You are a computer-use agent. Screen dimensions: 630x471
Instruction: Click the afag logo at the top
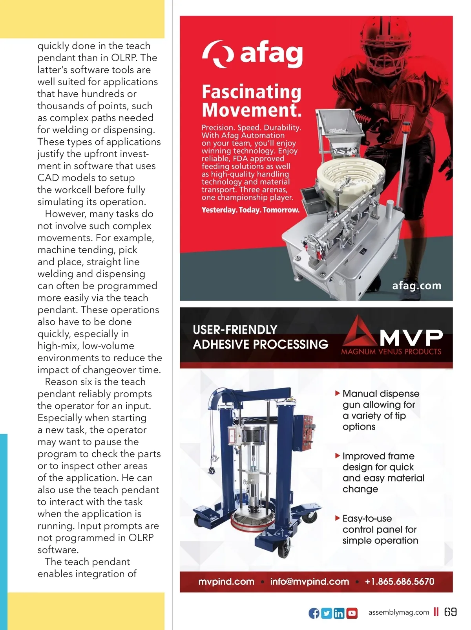click(252, 54)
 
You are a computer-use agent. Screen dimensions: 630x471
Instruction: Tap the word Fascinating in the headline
click(251, 92)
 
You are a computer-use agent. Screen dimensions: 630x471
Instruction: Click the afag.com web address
click(416, 285)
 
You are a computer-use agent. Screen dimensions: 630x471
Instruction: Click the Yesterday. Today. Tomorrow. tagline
click(250, 210)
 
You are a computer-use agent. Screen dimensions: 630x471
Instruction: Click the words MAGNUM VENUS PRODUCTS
click(391, 352)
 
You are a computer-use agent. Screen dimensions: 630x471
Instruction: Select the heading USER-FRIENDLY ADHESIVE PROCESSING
click(260, 337)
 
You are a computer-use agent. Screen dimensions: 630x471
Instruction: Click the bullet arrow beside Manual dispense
click(337, 393)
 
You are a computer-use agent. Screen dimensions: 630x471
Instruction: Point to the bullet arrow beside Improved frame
click(337, 456)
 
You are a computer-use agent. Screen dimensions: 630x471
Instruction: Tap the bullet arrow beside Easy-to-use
click(337, 518)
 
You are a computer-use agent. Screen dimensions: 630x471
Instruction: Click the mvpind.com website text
click(226, 581)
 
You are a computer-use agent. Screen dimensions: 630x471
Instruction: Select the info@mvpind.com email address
click(309, 581)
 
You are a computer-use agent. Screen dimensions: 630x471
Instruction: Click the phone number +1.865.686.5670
click(399, 581)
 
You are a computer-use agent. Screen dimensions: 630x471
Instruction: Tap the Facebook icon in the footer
click(314, 613)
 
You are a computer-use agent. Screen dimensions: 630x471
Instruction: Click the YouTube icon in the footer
click(352, 613)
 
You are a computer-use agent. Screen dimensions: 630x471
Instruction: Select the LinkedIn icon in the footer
click(339, 613)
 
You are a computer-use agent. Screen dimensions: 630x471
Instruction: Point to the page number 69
click(450, 612)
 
